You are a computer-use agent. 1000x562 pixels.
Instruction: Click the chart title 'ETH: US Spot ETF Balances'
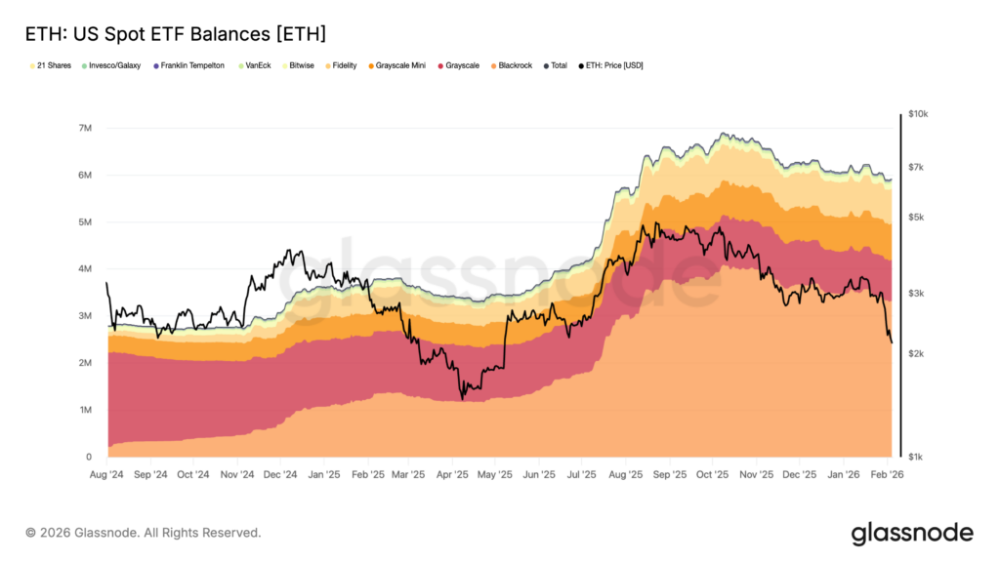pyautogui.click(x=175, y=34)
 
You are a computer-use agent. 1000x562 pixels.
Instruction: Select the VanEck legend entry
pyautogui.click(x=255, y=65)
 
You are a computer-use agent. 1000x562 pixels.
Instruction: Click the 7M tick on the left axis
pyautogui.click(x=85, y=129)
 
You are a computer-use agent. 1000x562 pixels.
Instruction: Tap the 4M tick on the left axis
pyautogui.click(x=85, y=269)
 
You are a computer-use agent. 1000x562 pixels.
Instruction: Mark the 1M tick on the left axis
pyautogui.click(x=85, y=410)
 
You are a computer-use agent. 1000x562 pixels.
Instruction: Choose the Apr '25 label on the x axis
pyautogui.click(x=451, y=475)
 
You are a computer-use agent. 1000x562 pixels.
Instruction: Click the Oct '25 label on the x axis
pyautogui.click(x=712, y=475)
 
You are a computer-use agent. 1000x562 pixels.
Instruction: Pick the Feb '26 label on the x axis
pyautogui.click(x=886, y=475)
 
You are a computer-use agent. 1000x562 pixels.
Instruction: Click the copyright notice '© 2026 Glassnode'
pyautogui.click(x=144, y=533)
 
